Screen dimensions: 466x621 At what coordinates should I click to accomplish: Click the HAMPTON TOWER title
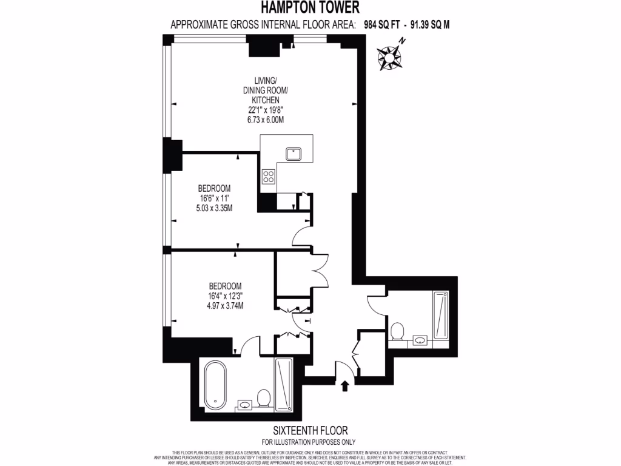310,8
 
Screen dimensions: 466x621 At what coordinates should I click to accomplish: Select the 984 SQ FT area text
384,25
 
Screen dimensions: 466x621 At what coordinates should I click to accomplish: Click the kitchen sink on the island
295,154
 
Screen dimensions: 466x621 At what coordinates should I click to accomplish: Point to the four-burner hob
268,177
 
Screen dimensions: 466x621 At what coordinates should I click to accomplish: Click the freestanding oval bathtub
216,385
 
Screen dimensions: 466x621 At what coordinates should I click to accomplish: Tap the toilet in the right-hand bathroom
397,331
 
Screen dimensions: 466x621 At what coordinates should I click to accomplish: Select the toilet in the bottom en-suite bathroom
263,399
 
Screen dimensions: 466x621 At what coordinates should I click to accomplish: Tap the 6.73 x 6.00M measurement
266,120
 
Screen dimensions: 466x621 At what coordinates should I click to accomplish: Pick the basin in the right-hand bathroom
420,339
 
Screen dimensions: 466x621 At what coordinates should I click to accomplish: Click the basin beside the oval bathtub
244,404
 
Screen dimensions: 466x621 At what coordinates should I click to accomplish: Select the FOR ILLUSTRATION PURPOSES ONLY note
309,441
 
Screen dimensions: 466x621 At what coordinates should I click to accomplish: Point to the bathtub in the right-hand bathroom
441,313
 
